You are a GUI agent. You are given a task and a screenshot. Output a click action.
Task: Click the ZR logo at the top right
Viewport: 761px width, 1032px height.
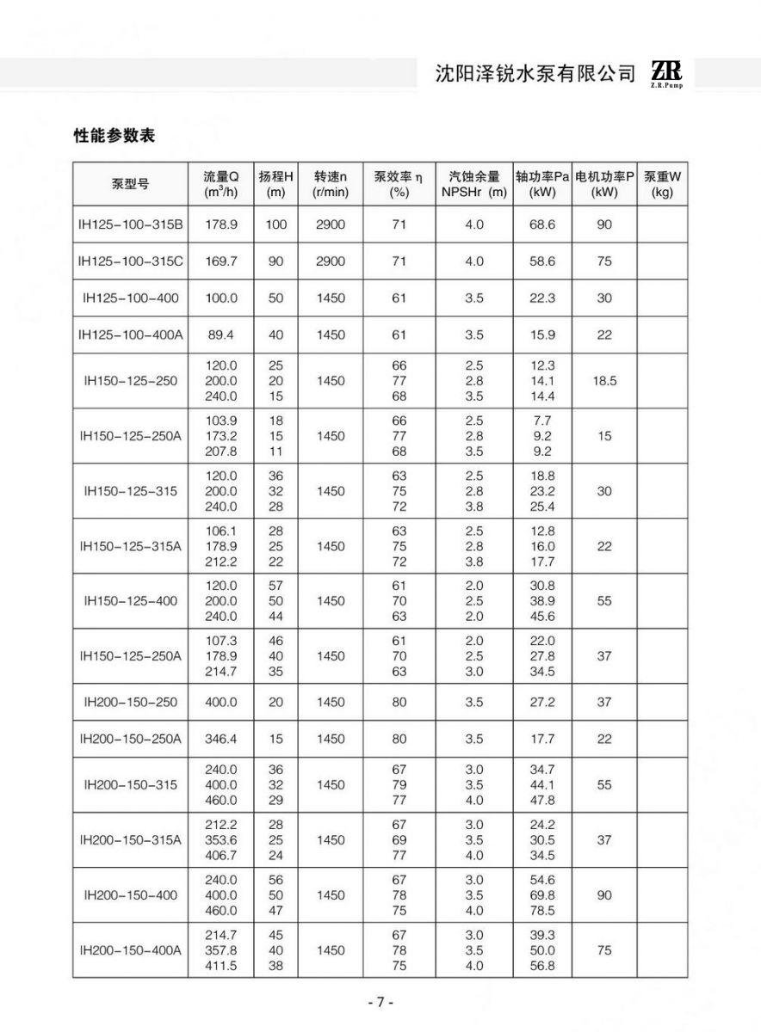[x=666, y=73]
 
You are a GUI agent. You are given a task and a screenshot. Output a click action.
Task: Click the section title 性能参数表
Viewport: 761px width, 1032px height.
[x=114, y=136]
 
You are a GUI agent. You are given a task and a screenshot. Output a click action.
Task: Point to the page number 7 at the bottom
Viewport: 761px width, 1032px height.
[x=380, y=1003]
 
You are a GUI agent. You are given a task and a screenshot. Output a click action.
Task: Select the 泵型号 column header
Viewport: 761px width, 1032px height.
[x=131, y=185]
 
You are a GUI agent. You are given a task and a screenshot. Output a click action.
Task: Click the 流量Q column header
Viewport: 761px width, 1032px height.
[x=221, y=185]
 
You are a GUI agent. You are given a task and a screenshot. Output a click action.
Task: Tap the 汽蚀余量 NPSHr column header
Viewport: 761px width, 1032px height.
[x=474, y=185]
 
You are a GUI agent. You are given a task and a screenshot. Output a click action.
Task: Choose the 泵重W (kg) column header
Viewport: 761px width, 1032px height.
[x=662, y=185]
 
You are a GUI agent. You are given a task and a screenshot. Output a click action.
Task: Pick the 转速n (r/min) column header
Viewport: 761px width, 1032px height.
[x=331, y=185]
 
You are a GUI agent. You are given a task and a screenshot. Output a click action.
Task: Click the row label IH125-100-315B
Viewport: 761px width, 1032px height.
[x=131, y=224]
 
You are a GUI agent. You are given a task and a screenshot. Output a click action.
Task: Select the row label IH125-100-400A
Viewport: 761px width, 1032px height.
[x=131, y=335]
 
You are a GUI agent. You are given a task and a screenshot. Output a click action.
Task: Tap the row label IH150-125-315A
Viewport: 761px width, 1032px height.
[x=131, y=546]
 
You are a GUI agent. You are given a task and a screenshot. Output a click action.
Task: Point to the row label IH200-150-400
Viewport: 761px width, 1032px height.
[x=131, y=895]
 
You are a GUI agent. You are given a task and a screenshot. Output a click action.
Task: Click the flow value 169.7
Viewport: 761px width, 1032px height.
[x=221, y=261]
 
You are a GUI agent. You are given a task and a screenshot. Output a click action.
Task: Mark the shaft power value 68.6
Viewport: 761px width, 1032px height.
[x=542, y=224]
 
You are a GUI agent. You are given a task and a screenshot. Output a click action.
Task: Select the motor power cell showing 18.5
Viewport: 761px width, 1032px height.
[x=604, y=380]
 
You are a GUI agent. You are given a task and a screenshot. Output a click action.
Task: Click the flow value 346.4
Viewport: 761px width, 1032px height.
[x=221, y=739]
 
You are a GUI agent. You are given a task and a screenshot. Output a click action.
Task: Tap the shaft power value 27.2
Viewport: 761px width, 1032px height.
[x=542, y=702]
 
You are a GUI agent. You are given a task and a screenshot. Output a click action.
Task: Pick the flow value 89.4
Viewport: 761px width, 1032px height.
[x=221, y=335]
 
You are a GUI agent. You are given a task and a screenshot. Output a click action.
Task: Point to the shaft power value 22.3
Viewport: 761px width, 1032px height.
[x=542, y=298]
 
